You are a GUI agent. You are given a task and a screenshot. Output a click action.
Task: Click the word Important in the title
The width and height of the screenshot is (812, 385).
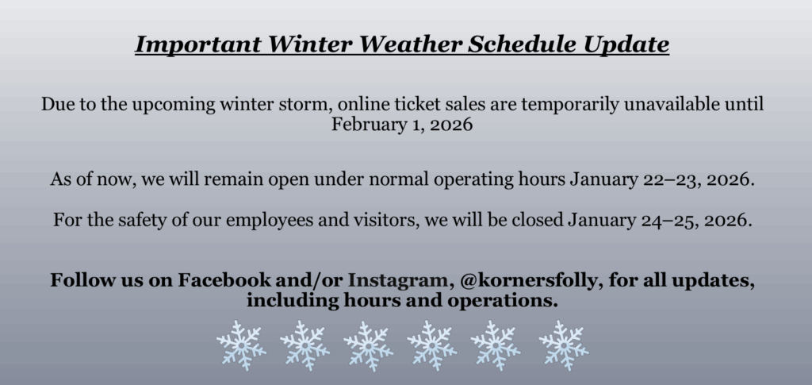[197, 44]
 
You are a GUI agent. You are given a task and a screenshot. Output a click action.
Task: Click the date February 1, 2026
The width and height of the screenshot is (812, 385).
[402, 125]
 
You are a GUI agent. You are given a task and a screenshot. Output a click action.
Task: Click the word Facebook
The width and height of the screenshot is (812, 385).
[224, 280]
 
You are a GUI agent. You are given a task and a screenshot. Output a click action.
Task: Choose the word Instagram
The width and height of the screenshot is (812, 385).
[397, 280]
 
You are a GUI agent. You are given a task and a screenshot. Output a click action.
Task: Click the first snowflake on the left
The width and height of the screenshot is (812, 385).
[241, 345]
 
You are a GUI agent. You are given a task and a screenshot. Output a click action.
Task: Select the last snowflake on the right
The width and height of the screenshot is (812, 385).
[564, 345]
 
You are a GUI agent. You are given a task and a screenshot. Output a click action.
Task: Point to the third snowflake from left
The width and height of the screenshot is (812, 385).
[368, 345]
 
